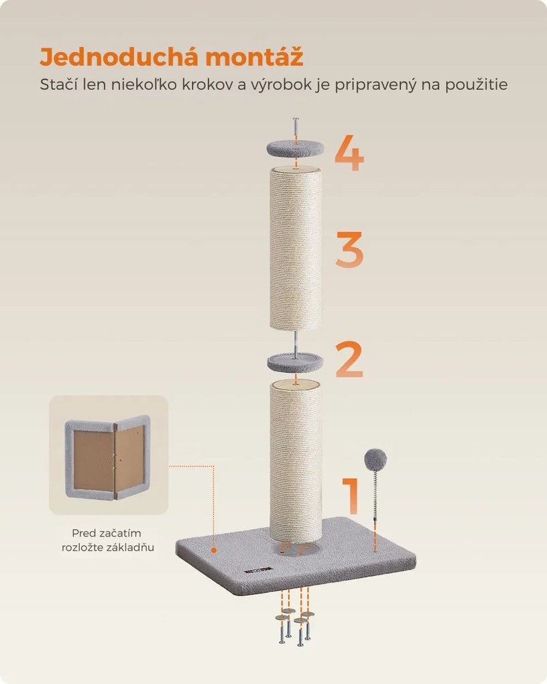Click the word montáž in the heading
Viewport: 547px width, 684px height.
[254, 57]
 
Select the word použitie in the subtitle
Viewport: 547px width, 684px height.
[477, 84]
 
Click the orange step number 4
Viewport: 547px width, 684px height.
[349, 153]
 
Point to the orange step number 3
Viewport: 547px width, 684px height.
[349, 249]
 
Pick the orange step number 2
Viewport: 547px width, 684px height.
[349, 359]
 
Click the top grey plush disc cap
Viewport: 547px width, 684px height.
[296, 149]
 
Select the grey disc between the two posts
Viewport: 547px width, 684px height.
[296, 362]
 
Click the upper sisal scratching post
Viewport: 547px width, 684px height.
[296, 249]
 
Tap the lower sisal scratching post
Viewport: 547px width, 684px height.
[296, 460]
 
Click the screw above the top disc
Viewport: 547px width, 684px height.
[296, 130]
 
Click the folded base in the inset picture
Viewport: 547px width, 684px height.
[108, 457]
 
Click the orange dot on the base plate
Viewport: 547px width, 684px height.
[213, 550]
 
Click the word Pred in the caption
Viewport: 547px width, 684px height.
[83, 533]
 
